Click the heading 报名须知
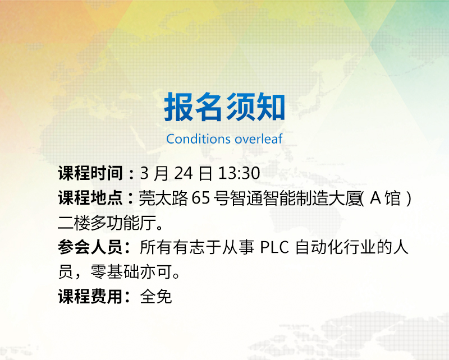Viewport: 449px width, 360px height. pyautogui.click(x=224, y=107)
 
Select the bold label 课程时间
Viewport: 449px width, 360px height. pyautogui.click(x=90, y=173)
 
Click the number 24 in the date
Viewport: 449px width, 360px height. pyautogui.click(x=183, y=173)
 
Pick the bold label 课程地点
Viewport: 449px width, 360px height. pyautogui.click(x=90, y=199)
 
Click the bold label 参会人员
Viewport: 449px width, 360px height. pyautogui.click(x=90, y=248)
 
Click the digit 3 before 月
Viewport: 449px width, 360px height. pyautogui.click(x=144, y=173)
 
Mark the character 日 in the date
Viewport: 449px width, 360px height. pyautogui.click(x=205, y=173)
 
